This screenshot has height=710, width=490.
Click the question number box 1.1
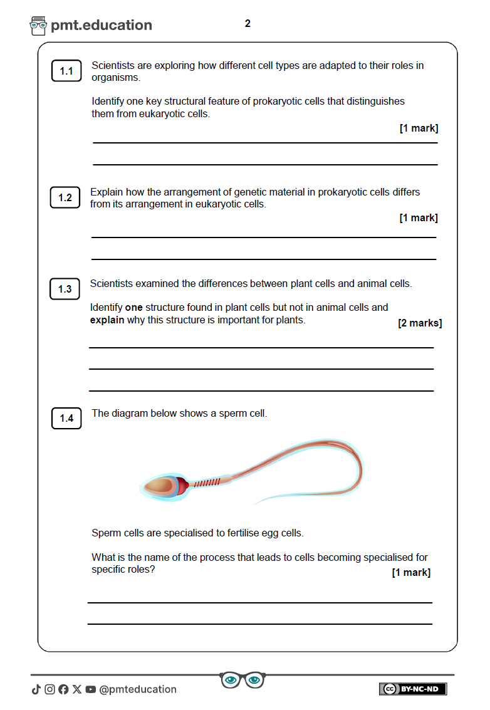click(66, 71)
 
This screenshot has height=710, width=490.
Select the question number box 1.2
click(65, 198)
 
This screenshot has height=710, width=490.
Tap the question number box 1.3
click(65, 289)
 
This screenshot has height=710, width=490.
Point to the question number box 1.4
click(66, 418)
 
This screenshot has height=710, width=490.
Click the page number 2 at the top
click(248, 24)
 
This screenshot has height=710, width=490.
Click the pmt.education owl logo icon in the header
click(38, 26)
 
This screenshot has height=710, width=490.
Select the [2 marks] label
click(420, 323)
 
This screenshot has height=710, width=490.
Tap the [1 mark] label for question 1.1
click(419, 128)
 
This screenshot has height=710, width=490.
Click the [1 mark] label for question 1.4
click(411, 572)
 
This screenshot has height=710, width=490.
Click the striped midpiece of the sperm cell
click(206, 483)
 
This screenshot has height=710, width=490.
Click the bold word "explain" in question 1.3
click(107, 320)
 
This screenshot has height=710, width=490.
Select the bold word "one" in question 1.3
click(134, 308)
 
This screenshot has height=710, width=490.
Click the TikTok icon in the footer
click(36, 689)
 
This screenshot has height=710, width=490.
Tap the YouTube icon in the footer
click(91, 689)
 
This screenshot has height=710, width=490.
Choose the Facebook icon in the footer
click(63, 689)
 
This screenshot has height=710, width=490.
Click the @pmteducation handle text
click(138, 689)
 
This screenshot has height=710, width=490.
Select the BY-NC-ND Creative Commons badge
click(413, 689)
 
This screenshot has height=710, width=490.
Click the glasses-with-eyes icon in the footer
click(242, 680)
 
